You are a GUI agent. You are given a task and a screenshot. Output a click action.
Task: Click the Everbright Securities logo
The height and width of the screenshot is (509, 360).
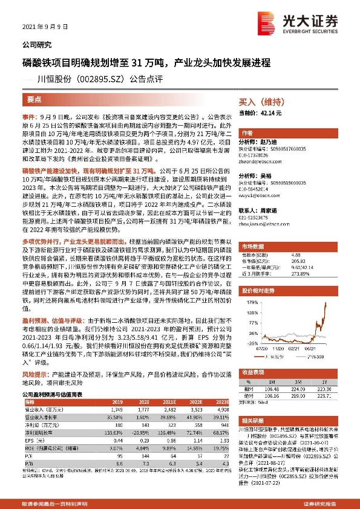click(x=309, y=25)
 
